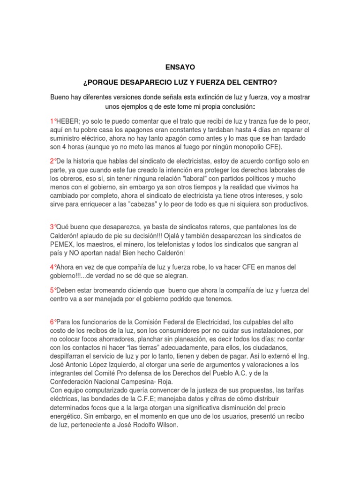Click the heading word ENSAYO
coord(180,67)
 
